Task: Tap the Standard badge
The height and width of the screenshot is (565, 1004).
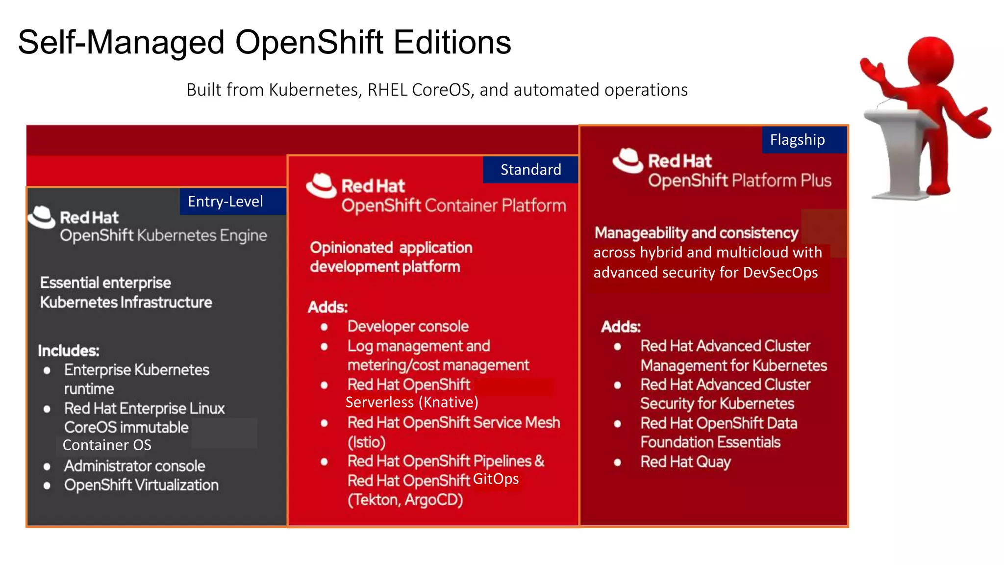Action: pos(530,170)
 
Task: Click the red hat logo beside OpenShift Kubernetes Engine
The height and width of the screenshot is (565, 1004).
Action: pos(42,217)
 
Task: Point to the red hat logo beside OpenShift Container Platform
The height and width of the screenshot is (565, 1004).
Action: pos(322,186)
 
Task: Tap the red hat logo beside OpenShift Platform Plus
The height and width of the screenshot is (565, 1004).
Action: pos(627,160)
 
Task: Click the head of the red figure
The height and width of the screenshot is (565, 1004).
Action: pos(930,60)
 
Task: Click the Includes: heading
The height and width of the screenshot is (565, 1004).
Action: pos(69,351)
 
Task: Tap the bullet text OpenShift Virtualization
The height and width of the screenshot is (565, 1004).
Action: pos(141,485)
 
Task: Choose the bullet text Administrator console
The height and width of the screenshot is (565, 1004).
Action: pos(134,466)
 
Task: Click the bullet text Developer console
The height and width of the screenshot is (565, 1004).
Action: pos(408,327)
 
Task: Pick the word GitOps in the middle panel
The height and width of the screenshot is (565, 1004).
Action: pos(496,479)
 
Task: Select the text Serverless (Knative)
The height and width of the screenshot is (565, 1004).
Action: pos(412,402)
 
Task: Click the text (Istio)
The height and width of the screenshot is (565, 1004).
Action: pos(366,442)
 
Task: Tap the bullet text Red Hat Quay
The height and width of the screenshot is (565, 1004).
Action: pos(685,462)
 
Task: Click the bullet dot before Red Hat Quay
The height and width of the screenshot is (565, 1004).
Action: pos(618,462)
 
